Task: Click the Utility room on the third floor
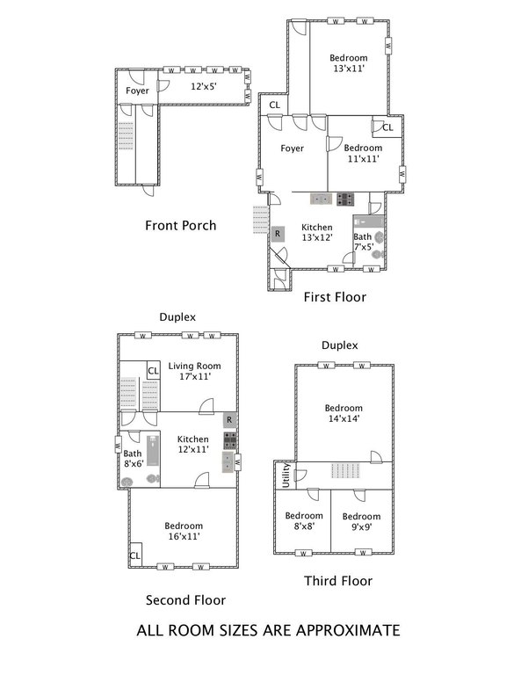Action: point(286,475)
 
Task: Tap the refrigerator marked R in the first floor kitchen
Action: point(278,234)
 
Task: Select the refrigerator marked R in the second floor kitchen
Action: point(229,420)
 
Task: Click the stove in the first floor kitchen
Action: point(345,200)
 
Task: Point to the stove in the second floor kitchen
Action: point(229,440)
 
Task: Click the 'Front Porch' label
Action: point(181,226)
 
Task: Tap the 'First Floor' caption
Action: point(335,297)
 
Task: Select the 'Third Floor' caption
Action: point(338,581)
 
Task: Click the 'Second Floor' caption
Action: point(185,600)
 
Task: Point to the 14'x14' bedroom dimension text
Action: point(344,418)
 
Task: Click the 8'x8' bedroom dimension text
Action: point(304,526)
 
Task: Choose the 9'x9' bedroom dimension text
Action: point(361,527)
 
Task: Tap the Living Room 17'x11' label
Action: point(194,371)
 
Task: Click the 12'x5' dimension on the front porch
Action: point(204,86)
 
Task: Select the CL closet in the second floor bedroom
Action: point(135,555)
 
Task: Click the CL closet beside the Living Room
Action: point(153,371)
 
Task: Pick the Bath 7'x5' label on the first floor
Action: point(363,242)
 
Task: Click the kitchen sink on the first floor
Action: point(321,200)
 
